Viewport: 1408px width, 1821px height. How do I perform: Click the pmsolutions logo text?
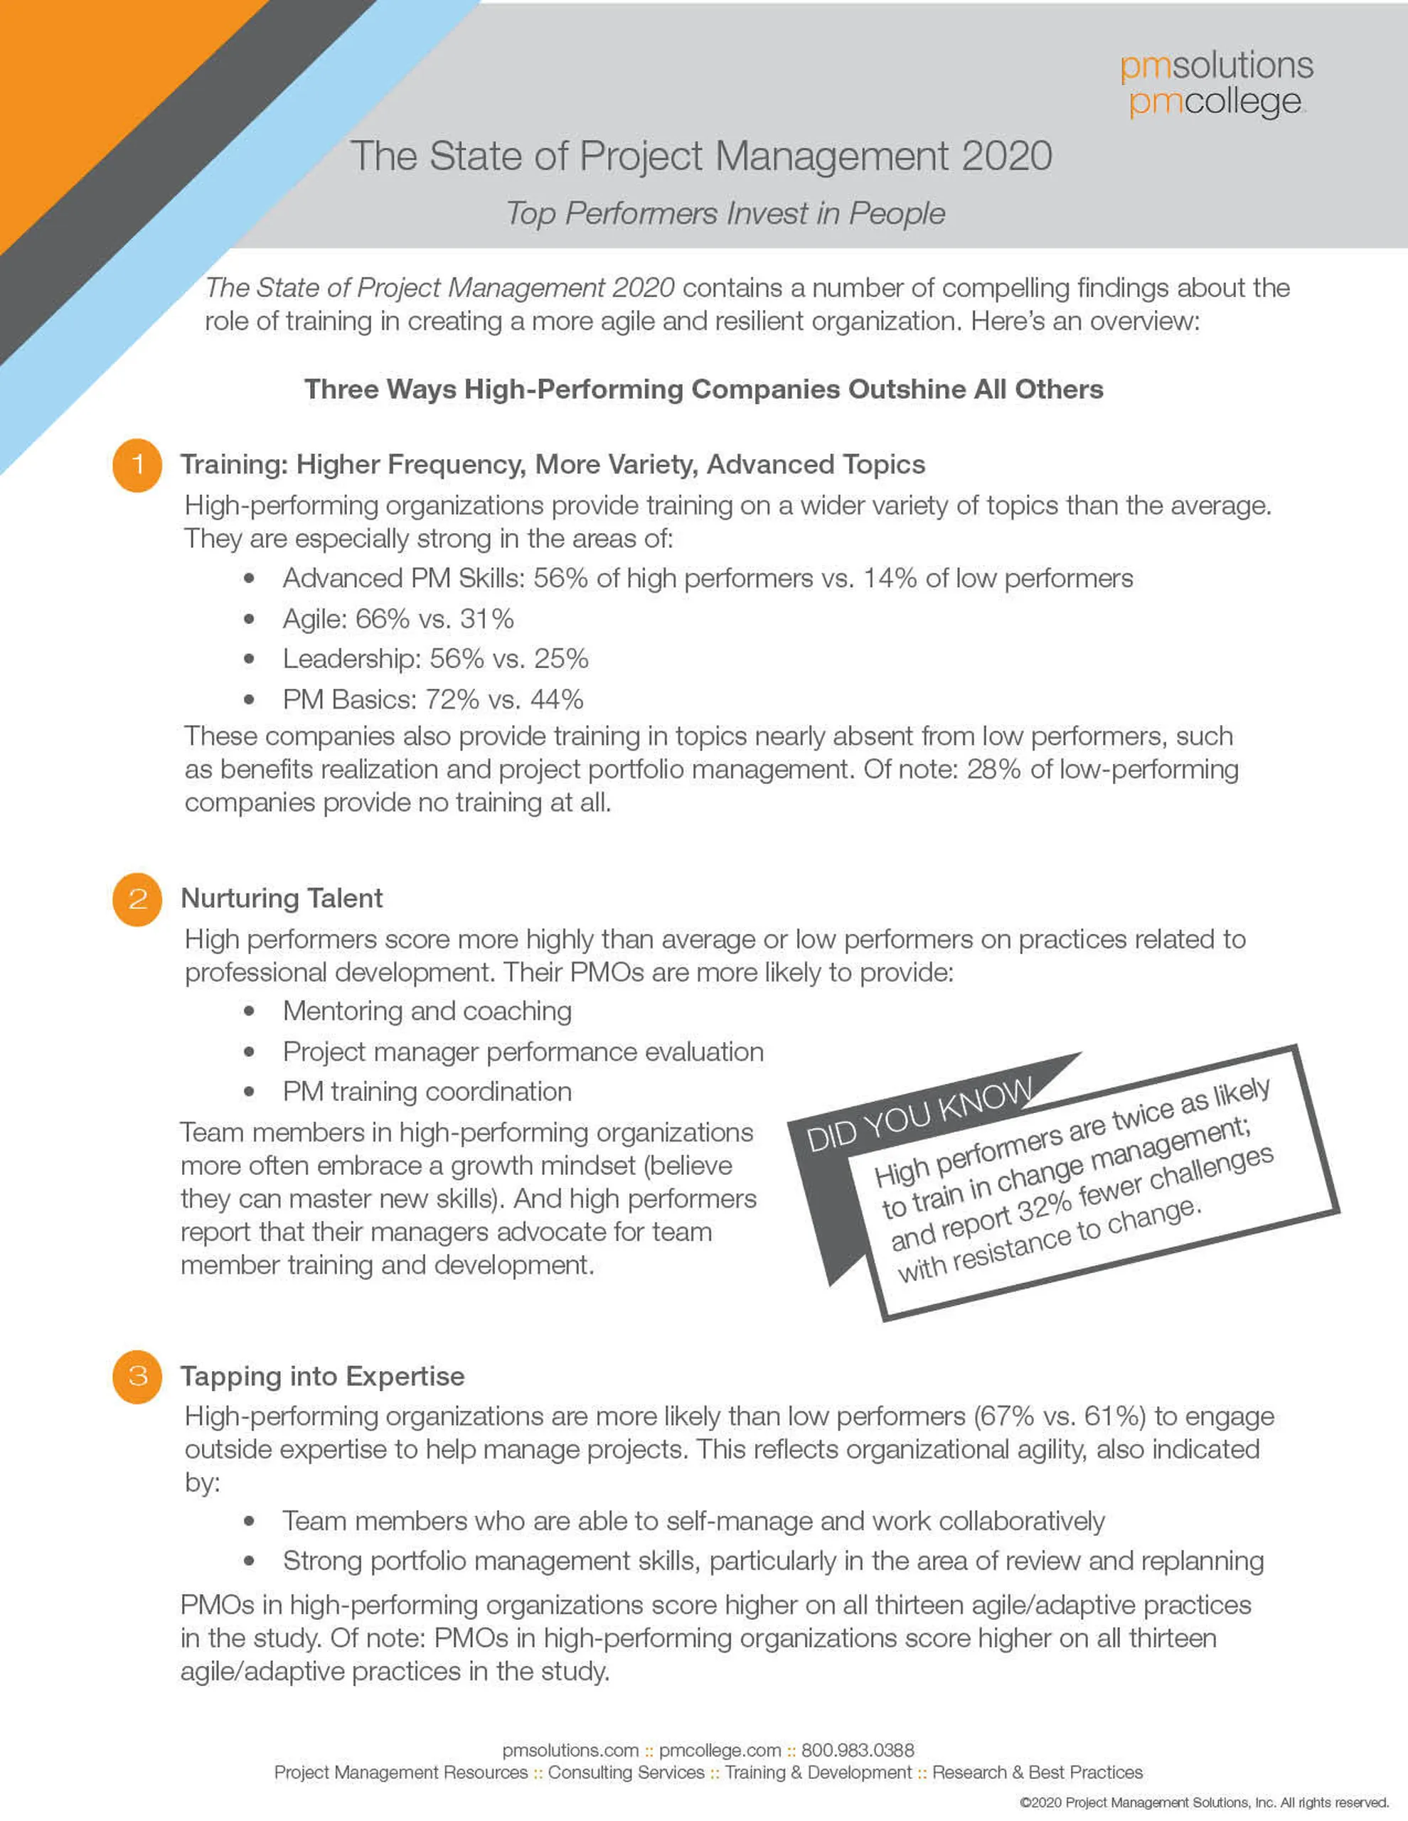tap(1216, 65)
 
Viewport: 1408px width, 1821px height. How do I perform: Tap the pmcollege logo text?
tap(1215, 102)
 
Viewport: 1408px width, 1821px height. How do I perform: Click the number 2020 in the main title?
tap(1007, 156)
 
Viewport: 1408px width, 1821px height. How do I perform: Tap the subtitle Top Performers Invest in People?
tap(725, 213)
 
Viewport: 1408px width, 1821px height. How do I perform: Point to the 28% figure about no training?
tap(993, 769)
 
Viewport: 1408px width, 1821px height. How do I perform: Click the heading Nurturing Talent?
tap(282, 898)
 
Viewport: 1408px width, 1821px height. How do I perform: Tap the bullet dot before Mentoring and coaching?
tap(249, 1011)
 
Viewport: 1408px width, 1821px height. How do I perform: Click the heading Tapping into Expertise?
tap(322, 1376)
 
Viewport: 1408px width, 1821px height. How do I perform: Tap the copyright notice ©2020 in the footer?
tap(1204, 1803)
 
